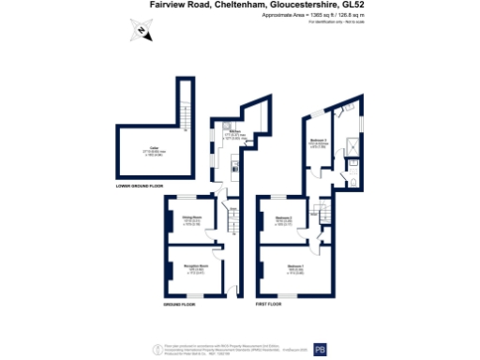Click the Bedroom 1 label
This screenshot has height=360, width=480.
[294, 270]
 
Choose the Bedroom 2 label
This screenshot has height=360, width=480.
[285, 221]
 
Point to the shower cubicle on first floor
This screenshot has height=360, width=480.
[350, 144]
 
